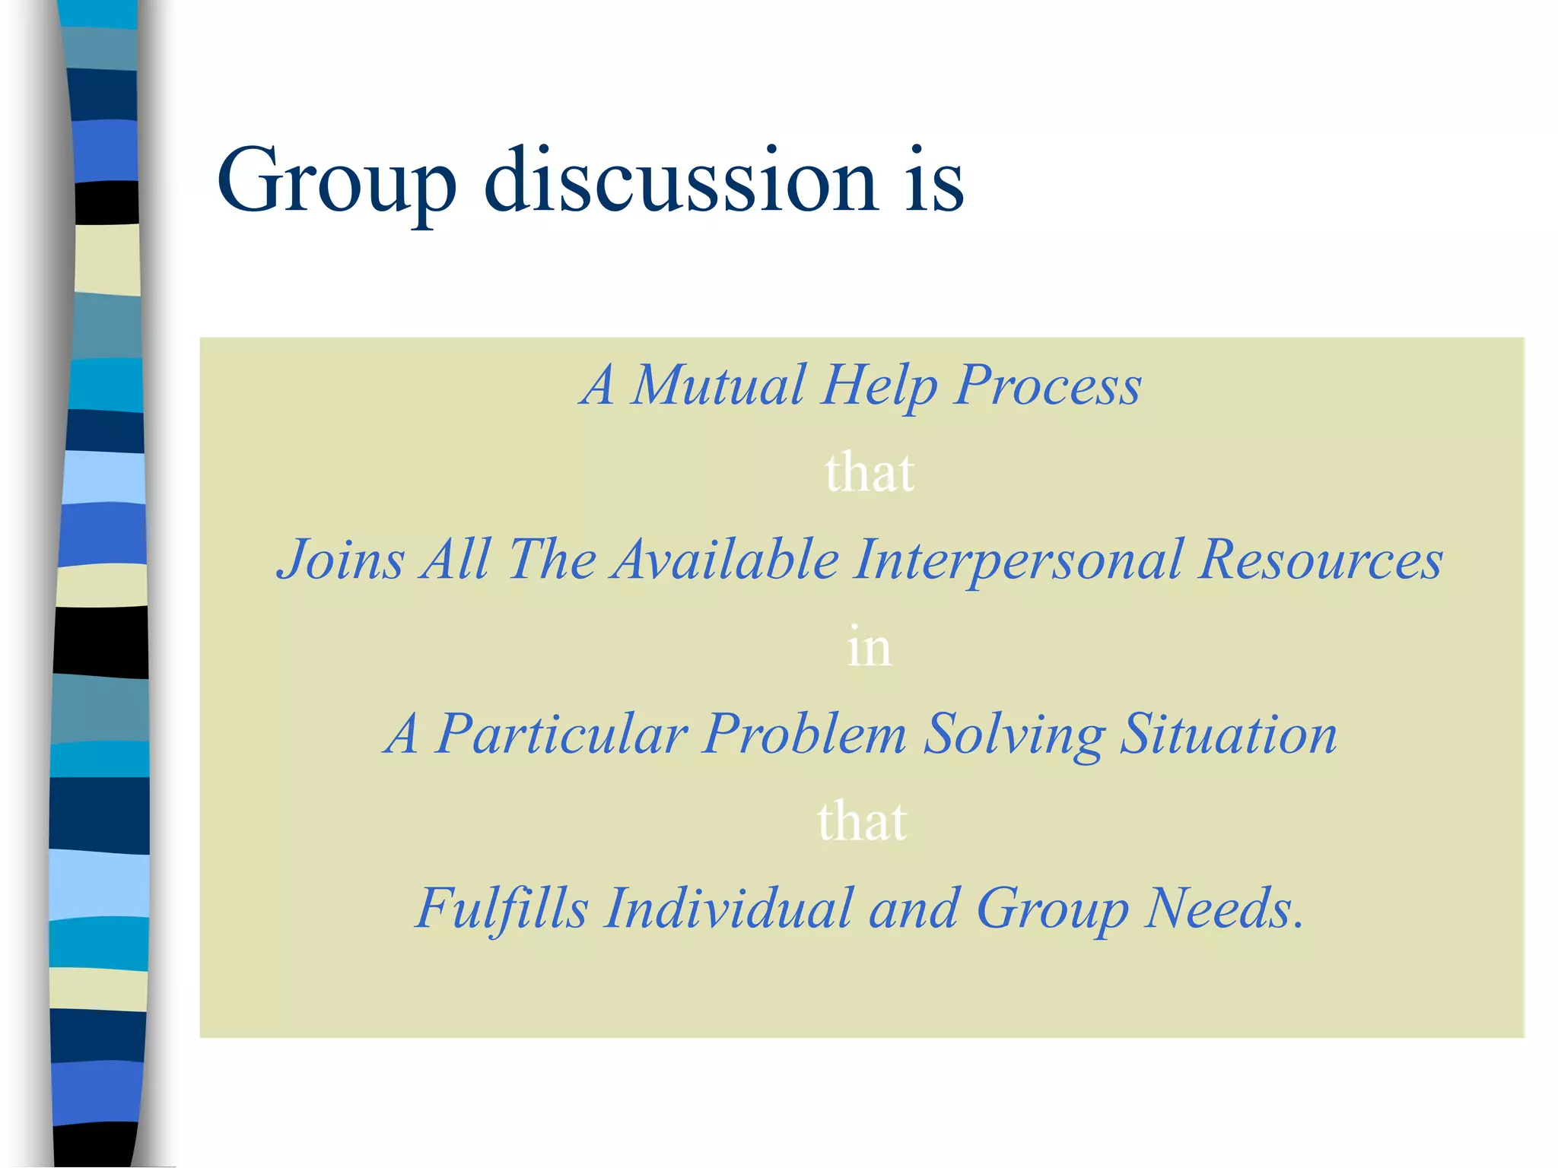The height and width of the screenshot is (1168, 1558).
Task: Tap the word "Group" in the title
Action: [x=336, y=182]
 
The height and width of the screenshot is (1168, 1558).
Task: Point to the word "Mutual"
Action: [x=718, y=385]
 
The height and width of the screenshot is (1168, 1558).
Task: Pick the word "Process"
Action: [x=1048, y=386]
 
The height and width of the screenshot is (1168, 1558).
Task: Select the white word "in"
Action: [x=869, y=647]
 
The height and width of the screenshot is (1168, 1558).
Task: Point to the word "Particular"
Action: [x=561, y=735]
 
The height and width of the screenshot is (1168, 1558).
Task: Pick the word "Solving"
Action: [x=1014, y=736]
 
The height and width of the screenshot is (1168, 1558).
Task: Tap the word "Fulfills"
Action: [x=502, y=908]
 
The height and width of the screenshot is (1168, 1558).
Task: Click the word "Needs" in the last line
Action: [x=1216, y=908]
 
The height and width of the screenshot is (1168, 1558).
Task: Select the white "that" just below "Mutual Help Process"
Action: [x=870, y=472]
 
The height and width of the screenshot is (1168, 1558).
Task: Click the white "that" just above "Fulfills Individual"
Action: [x=862, y=821]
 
